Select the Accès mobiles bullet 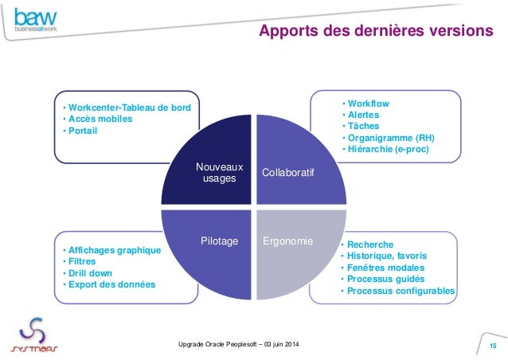tap(100, 119)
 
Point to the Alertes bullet tap(363, 115)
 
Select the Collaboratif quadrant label tap(287, 173)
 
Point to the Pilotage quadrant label tap(219, 241)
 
